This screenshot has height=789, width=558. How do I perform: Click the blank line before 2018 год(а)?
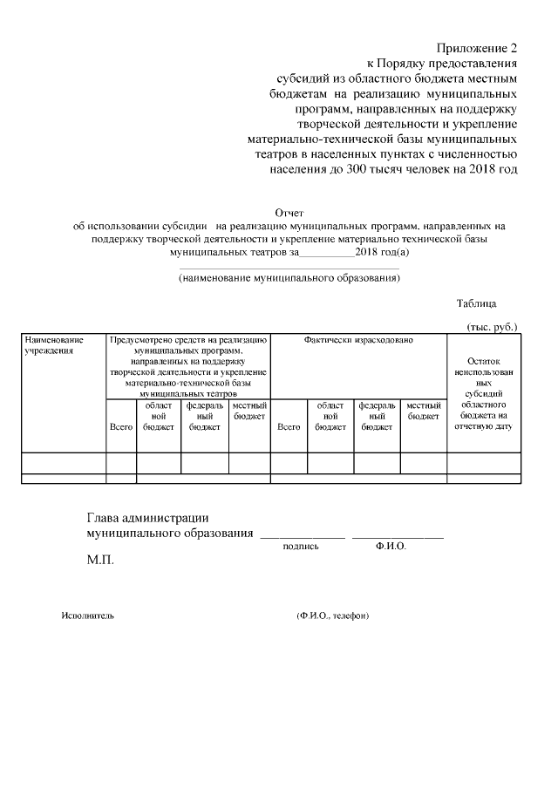coord(326,253)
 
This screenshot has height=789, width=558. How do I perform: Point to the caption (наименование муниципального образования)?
coord(289,279)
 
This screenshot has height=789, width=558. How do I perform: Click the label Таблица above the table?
coord(476,303)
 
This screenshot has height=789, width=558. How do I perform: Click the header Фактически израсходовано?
coord(358,339)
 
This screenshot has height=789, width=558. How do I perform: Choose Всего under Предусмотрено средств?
coord(120,427)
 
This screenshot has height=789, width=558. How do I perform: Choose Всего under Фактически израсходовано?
coord(289,427)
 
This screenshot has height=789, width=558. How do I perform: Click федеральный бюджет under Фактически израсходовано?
coord(377,416)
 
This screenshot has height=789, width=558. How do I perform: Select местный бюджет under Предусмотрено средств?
coord(249,411)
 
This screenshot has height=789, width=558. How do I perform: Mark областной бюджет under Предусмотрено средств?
coord(158,416)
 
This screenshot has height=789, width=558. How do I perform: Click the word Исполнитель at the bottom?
coord(87,616)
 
